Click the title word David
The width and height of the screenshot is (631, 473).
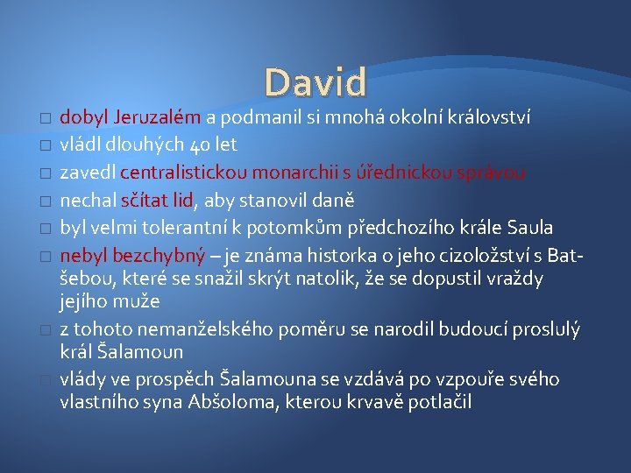click(x=316, y=82)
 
